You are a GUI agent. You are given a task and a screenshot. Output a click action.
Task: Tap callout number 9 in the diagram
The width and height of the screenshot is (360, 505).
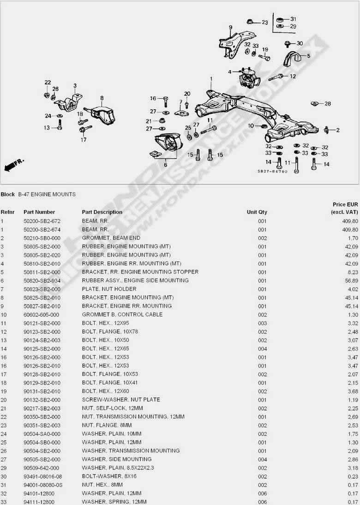pyautogui.click(x=230, y=27)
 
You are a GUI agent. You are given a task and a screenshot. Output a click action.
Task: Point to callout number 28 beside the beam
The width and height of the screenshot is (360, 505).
pyautogui.click(x=328, y=104)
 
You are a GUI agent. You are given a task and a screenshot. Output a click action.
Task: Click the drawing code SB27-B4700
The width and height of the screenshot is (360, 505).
pyautogui.click(x=272, y=172)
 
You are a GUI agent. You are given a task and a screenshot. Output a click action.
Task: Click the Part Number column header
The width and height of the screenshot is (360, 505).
pyautogui.click(x=39, y=212)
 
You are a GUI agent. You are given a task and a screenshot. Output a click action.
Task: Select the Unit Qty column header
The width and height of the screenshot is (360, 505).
pyautogui.click(x=257, y=212)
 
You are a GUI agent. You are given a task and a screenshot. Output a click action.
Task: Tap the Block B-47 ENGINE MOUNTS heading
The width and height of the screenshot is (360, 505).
pyautogui.click(x=38, y=194)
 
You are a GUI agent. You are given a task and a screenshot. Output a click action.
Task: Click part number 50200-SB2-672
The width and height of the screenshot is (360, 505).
pyautogui.click(x=42, y=221)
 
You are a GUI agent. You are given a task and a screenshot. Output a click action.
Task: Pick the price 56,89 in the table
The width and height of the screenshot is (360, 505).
pyautogui.click(x=351, y=280)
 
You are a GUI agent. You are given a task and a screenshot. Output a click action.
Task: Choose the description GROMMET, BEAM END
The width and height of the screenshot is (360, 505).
pyautogui.click(x=111, y=238)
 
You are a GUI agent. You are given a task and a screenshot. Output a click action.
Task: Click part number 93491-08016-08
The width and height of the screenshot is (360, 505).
pyautogui.click(x=42, y=476)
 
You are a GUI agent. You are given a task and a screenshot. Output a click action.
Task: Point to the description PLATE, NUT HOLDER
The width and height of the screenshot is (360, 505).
pyautogui.click(x=109, y=289)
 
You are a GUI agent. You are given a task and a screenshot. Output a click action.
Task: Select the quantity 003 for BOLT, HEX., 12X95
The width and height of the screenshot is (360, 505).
pyautogui.click(x=262, y=323)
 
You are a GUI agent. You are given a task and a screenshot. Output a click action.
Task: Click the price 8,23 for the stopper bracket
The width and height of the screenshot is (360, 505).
pyautogui.click(x=354, y=272)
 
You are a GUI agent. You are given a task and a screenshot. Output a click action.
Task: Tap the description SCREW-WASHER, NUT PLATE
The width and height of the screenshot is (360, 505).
pyautogui.click(x=121, y=400)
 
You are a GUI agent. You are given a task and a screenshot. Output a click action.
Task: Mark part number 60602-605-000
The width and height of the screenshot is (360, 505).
pyautogui.click(x=41, y=315)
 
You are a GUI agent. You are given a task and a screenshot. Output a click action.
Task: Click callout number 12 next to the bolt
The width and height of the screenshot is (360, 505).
pyautogui.click(x=293, y=77)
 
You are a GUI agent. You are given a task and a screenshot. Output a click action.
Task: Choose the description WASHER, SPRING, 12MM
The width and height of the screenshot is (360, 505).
pyautogui.click(x=114, y=502)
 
